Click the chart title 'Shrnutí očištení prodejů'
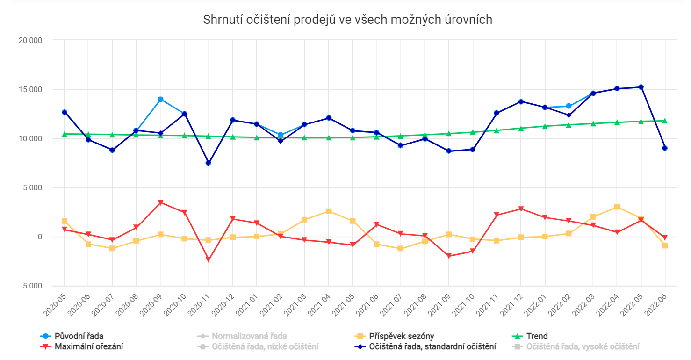(x=348, y=20)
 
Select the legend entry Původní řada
(x=79, y=336)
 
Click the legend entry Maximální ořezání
(x=89, y=346)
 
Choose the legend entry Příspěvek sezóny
(x=401, y=336)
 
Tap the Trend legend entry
(x=537, y=336)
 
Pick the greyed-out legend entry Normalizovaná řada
(x=249, y=336)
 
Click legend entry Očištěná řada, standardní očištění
(x=432, y=346)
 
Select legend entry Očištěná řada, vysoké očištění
(x=583, y=346)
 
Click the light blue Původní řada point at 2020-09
(x=160, y=99)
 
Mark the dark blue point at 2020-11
(x=209, y=163)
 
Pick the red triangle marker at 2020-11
(x=209, y=259)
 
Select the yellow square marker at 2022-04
(x=617, y=207)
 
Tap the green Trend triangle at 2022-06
(x=665, y=121)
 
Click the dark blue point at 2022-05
(x=641, y=87)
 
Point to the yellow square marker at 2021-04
(x=329, y=211)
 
